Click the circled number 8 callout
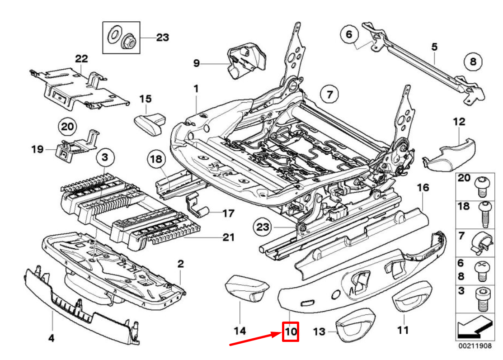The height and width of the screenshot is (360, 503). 473,62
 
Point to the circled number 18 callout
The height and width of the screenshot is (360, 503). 156,159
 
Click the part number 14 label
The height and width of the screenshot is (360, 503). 240,331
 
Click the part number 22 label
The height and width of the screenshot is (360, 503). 81,59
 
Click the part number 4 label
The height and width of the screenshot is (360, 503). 51,337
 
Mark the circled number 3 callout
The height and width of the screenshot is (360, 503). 104,158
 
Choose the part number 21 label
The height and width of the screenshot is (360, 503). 229,237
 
